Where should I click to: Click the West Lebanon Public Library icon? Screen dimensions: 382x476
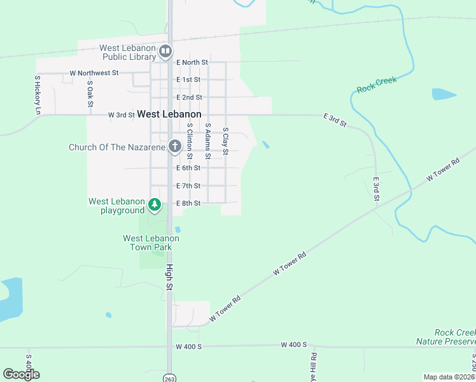click(165, 50)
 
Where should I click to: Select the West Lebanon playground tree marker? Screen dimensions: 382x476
click(154, 205)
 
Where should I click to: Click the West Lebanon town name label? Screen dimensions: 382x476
click(169, 114)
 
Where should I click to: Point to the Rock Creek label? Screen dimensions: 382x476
click(377, 85)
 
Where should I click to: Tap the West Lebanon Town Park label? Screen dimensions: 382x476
click(151, 243)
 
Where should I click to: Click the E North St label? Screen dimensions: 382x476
click(192, 62)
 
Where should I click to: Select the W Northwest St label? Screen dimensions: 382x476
click(94, 73)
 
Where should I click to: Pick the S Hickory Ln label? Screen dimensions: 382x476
click(38, 95)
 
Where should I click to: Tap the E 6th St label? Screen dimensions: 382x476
click(188, 168)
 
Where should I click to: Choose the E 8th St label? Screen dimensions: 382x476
click(188, 204)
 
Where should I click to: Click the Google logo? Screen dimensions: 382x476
click(21, 374)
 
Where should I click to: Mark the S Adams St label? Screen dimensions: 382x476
click(207, 145)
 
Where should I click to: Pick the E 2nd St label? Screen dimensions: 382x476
click(189, 97)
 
